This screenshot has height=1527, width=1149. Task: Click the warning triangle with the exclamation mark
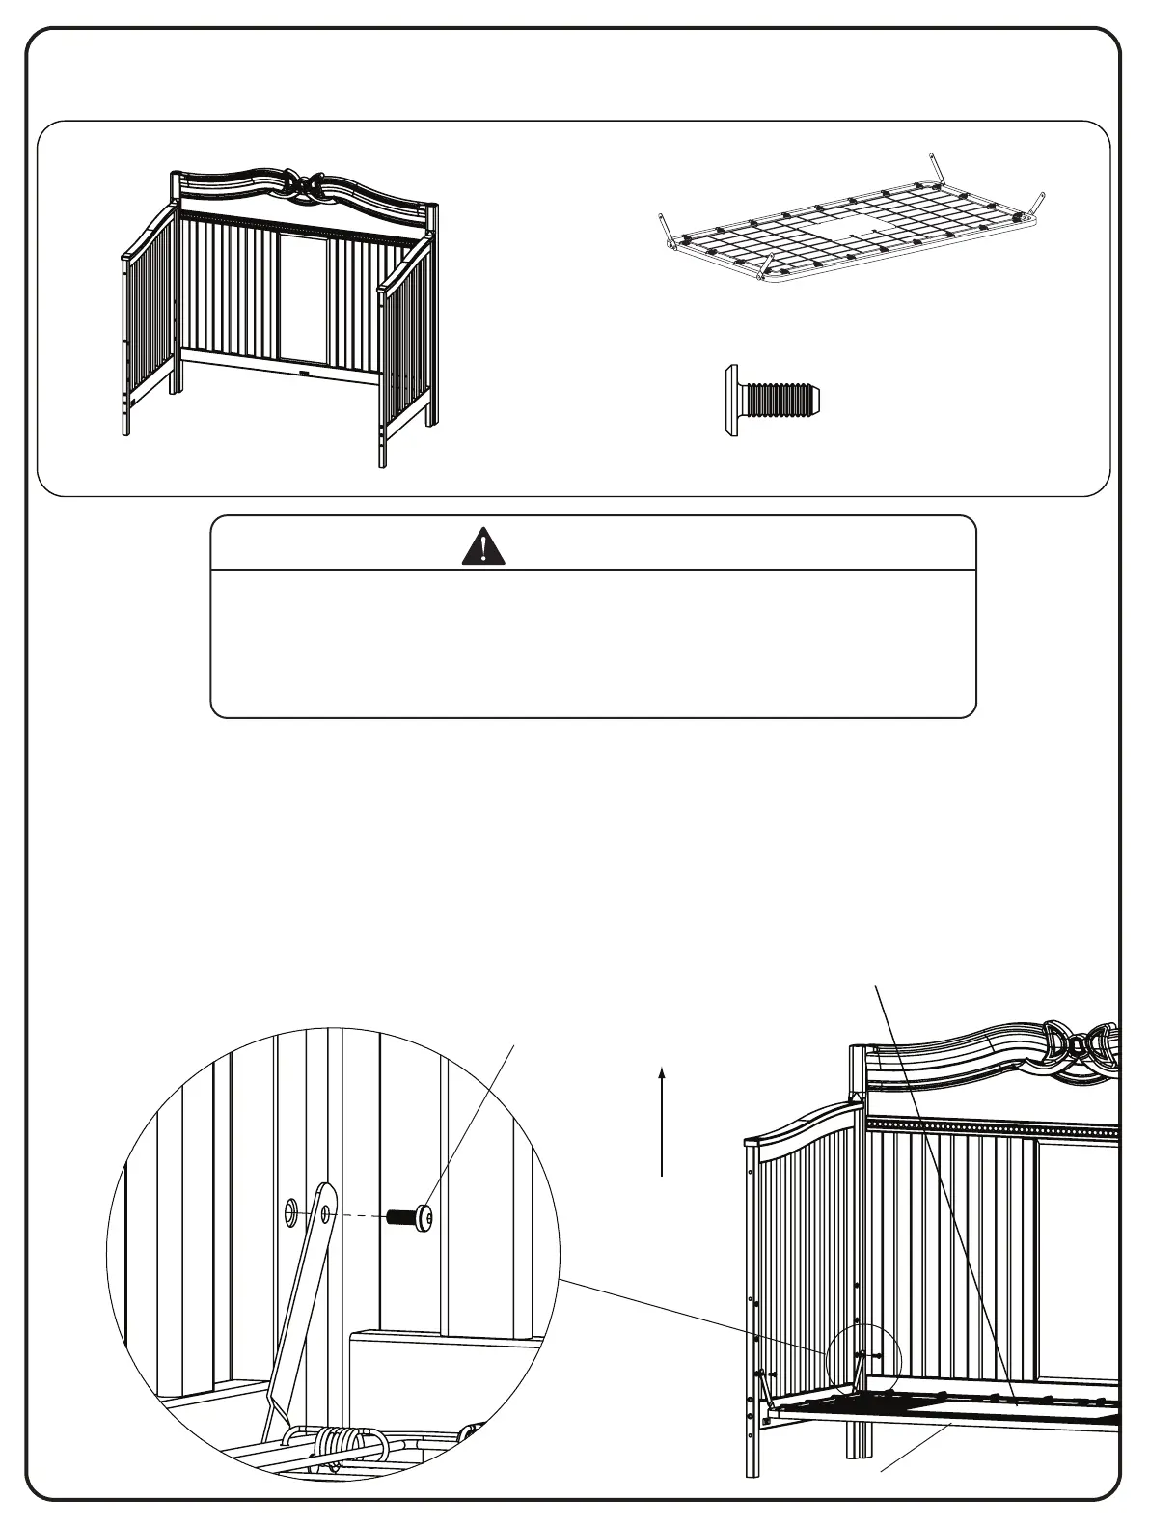[483, 546]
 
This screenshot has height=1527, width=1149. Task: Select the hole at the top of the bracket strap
[326, 1212]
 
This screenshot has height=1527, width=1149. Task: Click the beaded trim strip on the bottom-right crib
[994, 1125]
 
